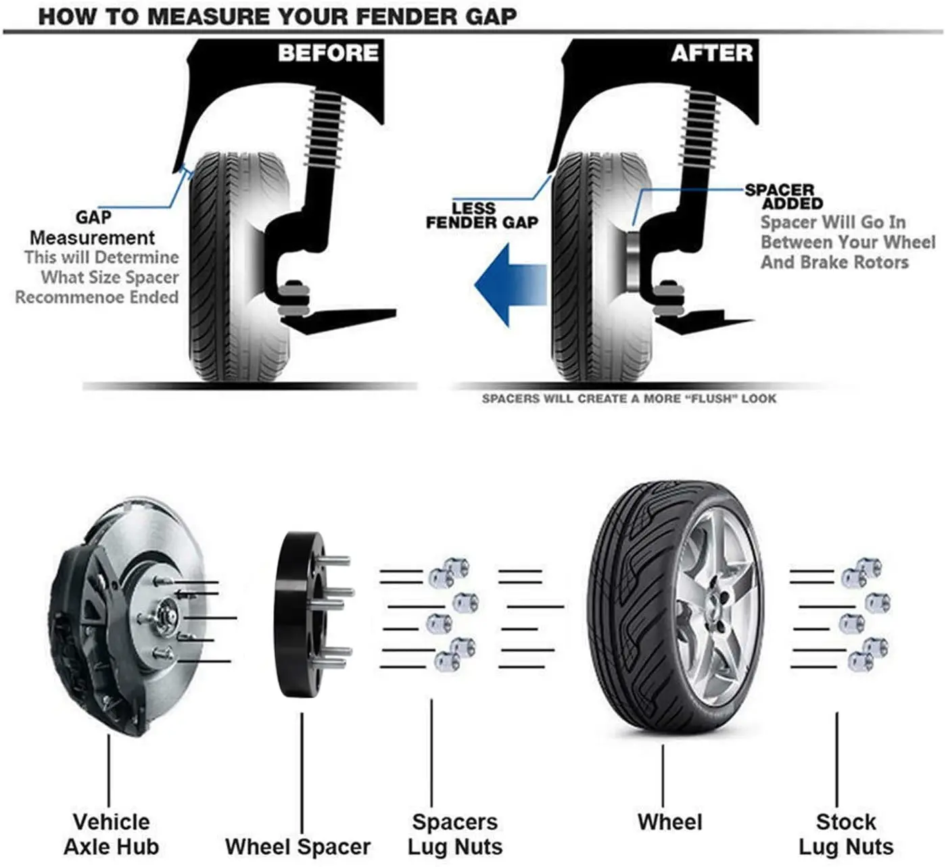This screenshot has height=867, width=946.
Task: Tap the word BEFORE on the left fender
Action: [328, 53]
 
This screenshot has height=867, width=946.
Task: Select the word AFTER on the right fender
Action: [711, 53]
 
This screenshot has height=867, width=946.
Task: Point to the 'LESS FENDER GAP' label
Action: [481, 216]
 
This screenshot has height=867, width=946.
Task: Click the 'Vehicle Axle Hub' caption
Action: [111, 834]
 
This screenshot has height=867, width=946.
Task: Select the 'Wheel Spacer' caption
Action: [298, 846]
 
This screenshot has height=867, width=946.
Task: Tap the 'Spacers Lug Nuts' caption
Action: [454, 834]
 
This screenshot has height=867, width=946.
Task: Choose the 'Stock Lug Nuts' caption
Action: [845, 834]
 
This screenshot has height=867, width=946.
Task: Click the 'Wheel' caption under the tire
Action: [669, 822]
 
